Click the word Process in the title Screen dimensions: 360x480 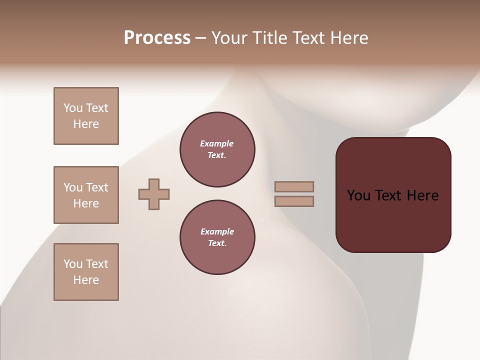(157, 38)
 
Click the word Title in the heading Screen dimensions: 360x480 (269, 38)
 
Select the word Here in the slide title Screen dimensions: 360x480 (349, 38)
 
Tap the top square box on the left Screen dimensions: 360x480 (86, 116)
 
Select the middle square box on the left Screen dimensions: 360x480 (86, 195)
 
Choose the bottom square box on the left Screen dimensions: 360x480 (86, 272)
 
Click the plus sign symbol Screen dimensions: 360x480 (154, 194)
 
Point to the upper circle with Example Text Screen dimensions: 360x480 (217, 149)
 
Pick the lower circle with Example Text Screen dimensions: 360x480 (217, 237)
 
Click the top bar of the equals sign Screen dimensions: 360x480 (294, 186)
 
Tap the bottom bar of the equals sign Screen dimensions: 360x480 (294, 201)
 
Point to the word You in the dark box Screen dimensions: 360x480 (358, 195)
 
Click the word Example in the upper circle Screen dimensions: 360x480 (217, 143)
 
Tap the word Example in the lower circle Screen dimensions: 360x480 (217, 231)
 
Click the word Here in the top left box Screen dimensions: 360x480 (86, 124)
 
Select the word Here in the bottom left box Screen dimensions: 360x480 (86, 280)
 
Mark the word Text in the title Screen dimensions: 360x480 (310, 38)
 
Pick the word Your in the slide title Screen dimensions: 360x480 (229, 38)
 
